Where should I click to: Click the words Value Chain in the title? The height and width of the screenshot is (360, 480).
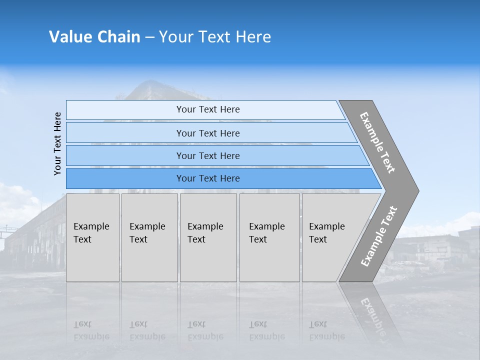(x=94, y=37)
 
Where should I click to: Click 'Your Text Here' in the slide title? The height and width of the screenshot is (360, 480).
(x=214, y=37)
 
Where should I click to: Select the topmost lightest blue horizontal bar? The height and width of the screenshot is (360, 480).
(x=208, y=109)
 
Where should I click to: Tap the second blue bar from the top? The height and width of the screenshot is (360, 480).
(x=208, y=133)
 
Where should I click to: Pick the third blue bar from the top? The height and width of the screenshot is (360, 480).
(x=208, y=155)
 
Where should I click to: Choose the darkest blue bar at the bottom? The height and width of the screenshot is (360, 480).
(x=208, y=178)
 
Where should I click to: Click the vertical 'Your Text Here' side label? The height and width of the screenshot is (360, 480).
(x=57, y=143)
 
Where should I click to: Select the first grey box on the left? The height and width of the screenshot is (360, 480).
(x=92, y=237)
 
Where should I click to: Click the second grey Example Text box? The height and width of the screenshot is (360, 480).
(x=149, y=237)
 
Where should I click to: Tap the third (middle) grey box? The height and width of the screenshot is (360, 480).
(x=208, y=237)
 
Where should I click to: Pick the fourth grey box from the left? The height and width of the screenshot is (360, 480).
(x=269, y=237)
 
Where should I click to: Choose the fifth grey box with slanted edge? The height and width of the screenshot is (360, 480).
(x=330, y=237)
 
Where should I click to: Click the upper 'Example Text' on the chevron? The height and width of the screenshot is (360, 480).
(x=377, y=142)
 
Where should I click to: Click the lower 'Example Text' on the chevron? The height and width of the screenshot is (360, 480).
(x=379, y=236)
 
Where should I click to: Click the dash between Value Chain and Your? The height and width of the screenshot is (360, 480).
(x=149, y=37)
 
